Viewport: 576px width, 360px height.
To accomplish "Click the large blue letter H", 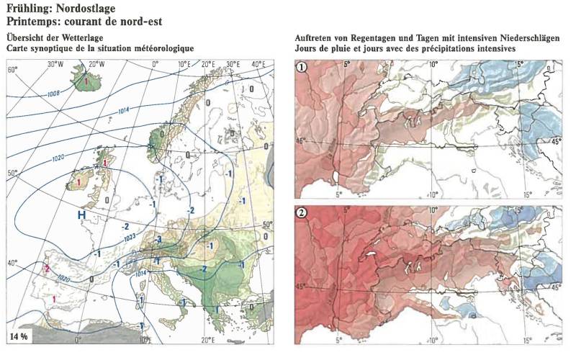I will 83,215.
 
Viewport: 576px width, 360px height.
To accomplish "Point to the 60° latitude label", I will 12,71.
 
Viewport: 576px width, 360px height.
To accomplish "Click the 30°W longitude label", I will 55,64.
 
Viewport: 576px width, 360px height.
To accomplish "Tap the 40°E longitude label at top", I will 258,64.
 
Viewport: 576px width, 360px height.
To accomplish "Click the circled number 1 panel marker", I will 304,68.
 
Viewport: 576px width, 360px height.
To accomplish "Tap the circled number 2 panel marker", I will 304,213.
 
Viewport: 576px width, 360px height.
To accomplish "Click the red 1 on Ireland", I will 77,183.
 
